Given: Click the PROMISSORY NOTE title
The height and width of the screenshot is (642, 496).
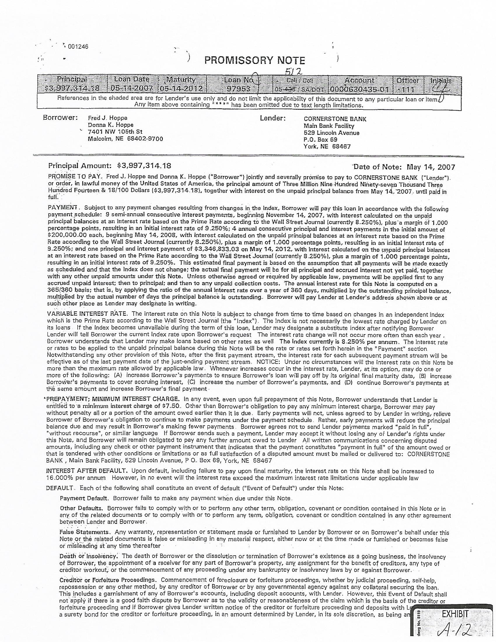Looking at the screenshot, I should click(x=254, y=61).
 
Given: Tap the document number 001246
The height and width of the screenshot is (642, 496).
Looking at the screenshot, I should click(x=78, y=46).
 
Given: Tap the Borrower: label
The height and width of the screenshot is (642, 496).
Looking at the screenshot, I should click(x=60, y=118).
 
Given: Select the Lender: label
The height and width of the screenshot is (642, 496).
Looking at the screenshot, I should click(x=273, y=118).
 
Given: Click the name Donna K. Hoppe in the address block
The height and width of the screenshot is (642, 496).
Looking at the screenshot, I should click(x=111, y=125).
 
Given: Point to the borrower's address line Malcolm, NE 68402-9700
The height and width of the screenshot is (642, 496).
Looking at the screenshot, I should click(x=125, y=139).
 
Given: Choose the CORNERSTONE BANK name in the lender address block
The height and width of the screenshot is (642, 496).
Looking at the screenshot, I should click(x=335, y=119).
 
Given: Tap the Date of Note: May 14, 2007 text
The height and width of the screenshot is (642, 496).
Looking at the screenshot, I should click(x=404, y=167).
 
